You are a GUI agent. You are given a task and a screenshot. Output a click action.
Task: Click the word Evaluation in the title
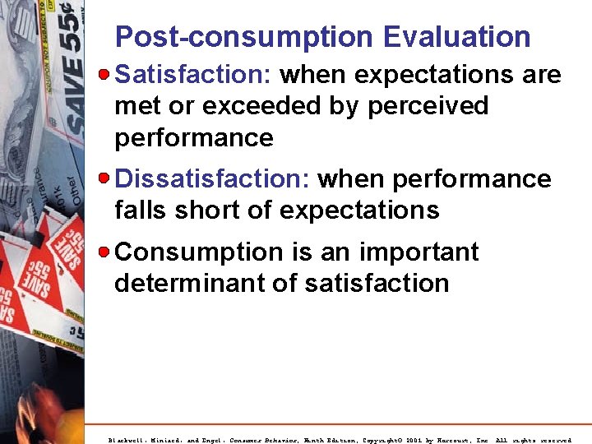pos(457,37)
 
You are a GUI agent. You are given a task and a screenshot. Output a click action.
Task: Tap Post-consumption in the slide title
pos(243,37)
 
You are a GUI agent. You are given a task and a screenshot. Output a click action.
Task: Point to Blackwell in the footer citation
pos(129,440)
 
